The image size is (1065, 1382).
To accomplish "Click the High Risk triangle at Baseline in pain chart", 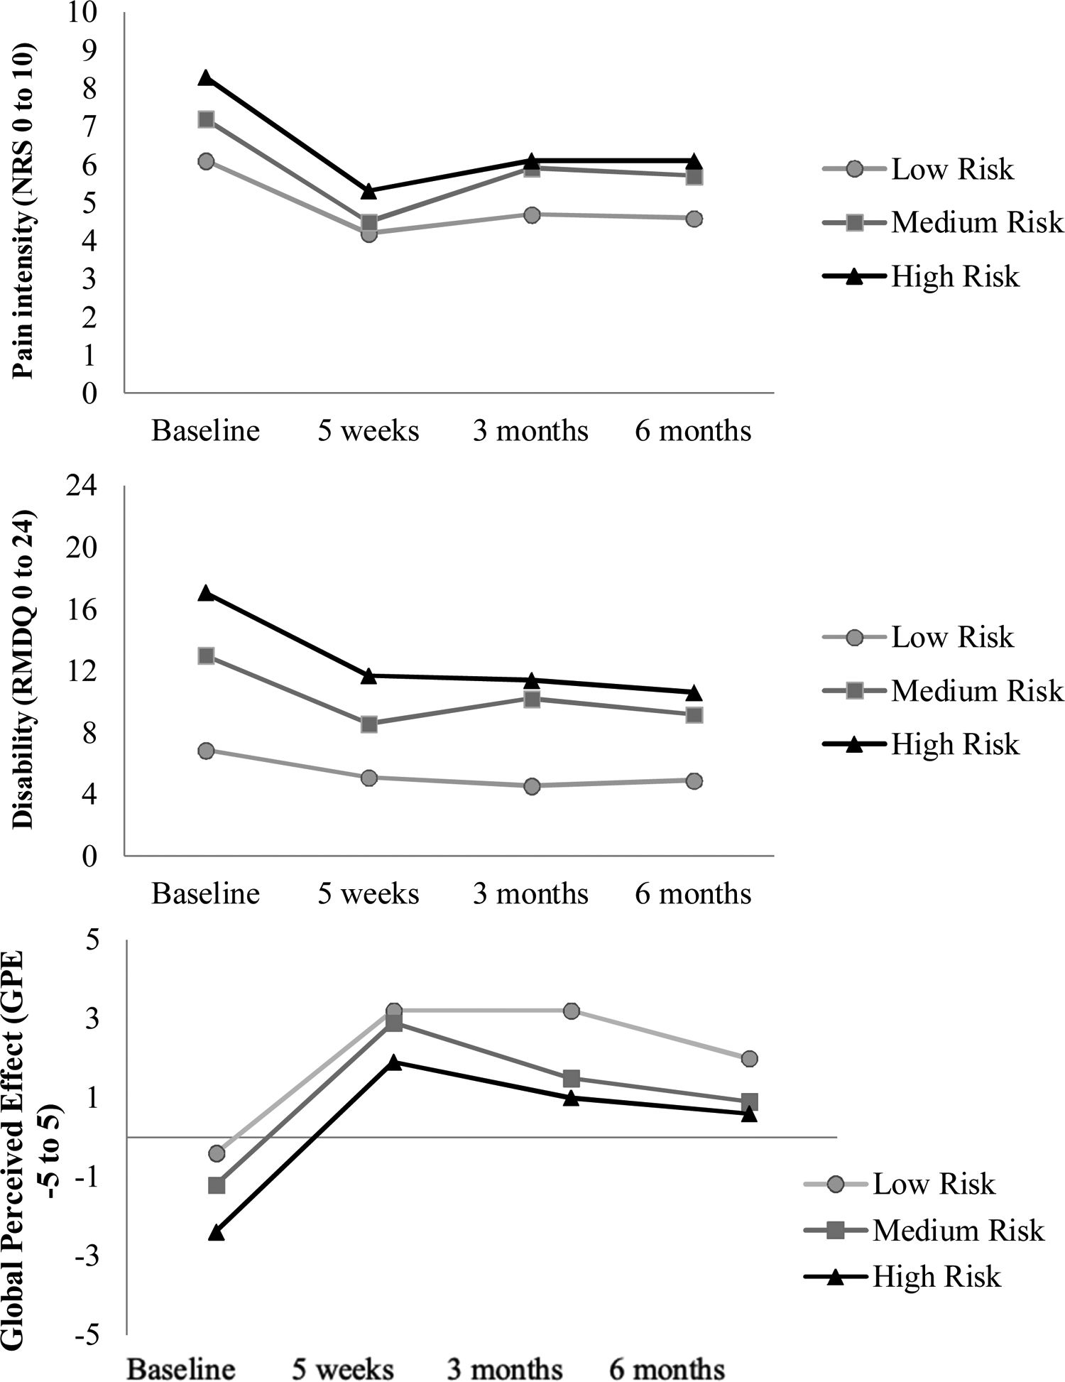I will point(206,78).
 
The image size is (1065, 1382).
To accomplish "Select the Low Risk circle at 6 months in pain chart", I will point(694,219).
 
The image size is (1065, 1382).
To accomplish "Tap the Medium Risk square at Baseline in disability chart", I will point(206,655).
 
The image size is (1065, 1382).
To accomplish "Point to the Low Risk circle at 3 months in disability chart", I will point(532,786).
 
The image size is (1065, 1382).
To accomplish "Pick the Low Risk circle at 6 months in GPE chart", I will point(749,1059).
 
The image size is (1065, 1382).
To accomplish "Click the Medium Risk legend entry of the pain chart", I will point(977,223).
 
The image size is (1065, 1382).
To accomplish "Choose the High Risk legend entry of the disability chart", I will point(954,744).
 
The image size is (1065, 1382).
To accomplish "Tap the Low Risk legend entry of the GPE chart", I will point(933,1184).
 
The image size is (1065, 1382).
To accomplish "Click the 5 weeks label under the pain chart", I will point(368,431).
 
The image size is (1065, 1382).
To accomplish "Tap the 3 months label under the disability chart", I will point(530,893).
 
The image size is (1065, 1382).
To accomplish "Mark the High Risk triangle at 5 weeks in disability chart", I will point(368,676).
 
